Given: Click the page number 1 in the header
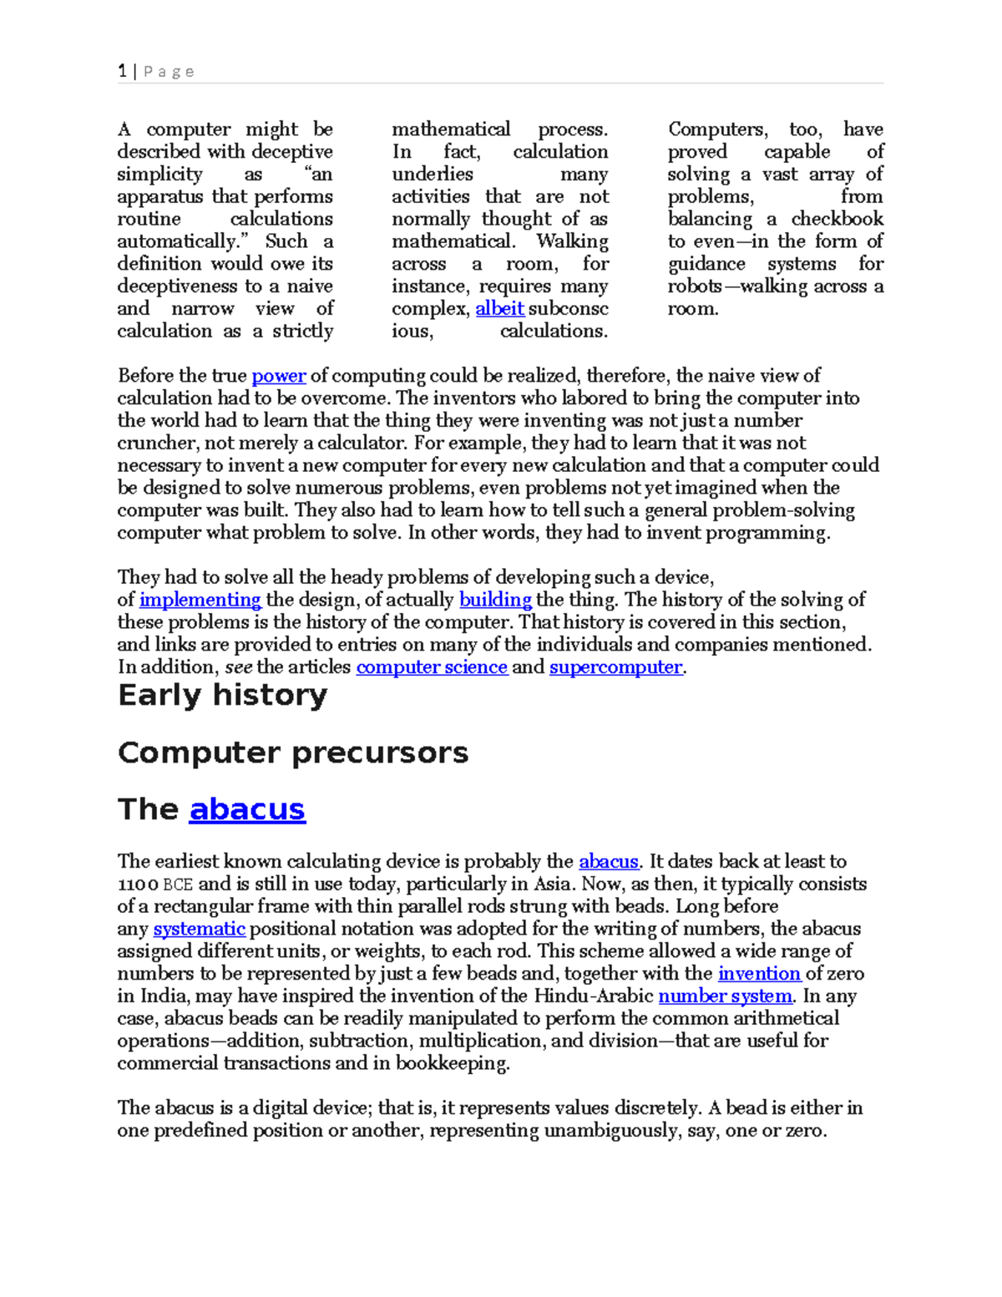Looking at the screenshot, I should coord(123,71).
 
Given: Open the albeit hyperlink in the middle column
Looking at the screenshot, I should coord(499,308).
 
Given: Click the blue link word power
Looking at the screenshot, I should coord(278,376).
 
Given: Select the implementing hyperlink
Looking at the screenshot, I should coord(200,600).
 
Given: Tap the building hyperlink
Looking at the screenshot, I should coord(495,600).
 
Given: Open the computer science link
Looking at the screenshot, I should coord(432,667).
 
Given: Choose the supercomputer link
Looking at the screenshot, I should coord(615,667).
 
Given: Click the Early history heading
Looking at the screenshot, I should coord(223,695).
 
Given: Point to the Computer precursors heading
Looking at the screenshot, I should coord(293,752).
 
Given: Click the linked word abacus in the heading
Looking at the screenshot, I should coord(247,809).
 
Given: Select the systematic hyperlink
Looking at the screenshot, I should coord(199,929).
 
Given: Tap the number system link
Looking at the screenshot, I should coord(725,996).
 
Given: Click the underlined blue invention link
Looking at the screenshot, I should coord(759,974).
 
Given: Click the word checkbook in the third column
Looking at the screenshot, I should coord(837,219).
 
